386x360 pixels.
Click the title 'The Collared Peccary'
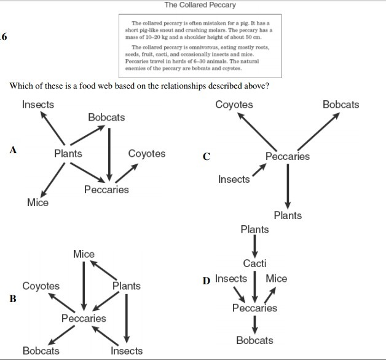(200, 5)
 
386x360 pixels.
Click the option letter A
(12, 149)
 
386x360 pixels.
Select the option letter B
(12, 300)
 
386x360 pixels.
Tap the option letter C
(207, 157)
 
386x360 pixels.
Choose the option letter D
(207, 281)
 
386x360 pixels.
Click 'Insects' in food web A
(38, 105)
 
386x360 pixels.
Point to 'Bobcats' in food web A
(106, 117)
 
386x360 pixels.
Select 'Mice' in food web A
(37, 202)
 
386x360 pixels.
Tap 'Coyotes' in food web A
(146, 154)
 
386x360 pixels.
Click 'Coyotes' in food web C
(234, 105)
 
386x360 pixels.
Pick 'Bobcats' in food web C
(341, 105)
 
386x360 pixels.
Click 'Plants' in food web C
(288, 215)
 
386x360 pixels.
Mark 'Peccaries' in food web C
(288, 156)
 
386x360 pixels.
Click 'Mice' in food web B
(84, 254)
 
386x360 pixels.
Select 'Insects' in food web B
(127, 351)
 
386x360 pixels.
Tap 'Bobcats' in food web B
(41, 351)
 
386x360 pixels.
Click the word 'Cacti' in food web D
(254, 263)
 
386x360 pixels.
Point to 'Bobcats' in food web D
(254, 340)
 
